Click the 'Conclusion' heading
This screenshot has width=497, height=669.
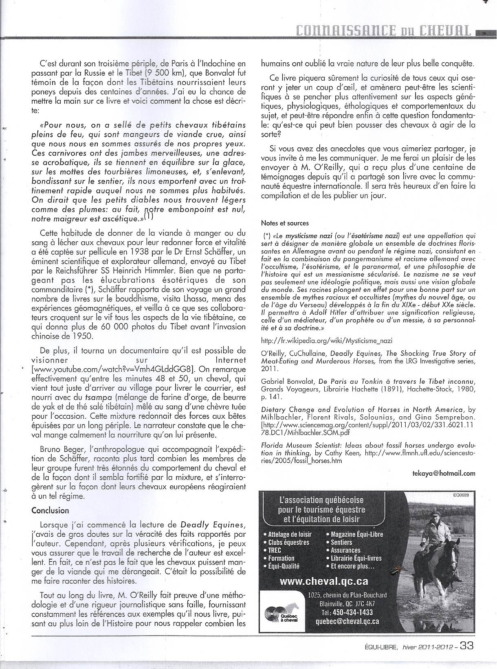(50, 510)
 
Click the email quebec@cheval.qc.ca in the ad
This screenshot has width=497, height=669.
(347, 621)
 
